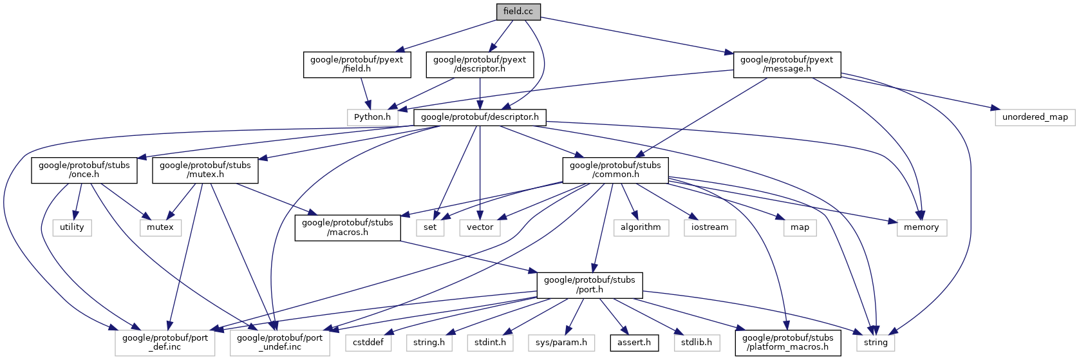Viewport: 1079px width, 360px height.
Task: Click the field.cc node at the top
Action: (x=518, y=12)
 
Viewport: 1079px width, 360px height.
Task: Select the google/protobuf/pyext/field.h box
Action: (x=357, y=64)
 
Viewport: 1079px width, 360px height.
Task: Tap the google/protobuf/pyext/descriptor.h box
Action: (x=480, y=64)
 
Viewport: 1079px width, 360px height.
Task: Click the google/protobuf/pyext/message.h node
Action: (x=787, y=64)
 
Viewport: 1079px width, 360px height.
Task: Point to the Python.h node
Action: (x=373, y=117)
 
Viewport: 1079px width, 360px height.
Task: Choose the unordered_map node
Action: (x=1035, y=117)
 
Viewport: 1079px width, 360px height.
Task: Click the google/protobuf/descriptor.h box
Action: (x=480, y=117)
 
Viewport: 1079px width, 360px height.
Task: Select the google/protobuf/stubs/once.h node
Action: (x=84, y=170)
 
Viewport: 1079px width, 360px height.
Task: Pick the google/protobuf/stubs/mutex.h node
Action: (x=205, y=170)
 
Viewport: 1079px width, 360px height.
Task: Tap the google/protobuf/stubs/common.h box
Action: (x=615, y=170)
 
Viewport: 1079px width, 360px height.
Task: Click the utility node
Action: (x=72, y=227)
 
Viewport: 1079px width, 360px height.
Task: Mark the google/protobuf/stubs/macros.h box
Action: (x=348, y=227)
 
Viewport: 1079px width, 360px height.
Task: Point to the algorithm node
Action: (x=641, y=227)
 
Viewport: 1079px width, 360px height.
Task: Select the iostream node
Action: (x=710, y=227)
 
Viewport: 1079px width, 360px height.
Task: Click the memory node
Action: (x=921, y=227)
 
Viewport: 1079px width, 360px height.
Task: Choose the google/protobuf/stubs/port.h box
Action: (x=590, y=285)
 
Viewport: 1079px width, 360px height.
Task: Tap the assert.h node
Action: (x=634, y=343)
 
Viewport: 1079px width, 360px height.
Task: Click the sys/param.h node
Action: (x=561, y=343)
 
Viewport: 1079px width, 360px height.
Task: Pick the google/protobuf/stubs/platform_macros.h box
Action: (x=788, y=343)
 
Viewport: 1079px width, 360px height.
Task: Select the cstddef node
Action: (x=368, y=343)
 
